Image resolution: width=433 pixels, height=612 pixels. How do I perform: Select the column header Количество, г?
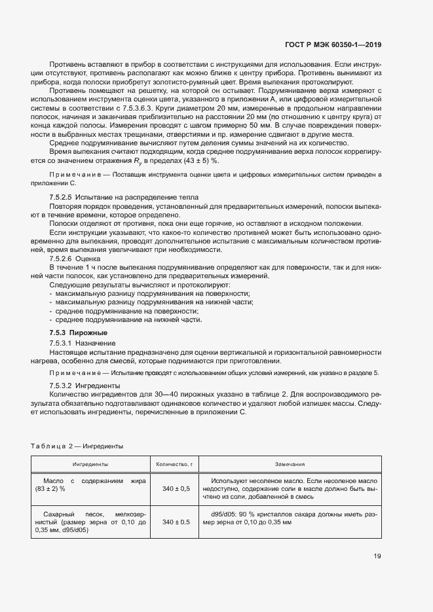[x=176, y=464]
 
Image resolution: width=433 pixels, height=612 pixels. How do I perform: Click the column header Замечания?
[x=289, y=464]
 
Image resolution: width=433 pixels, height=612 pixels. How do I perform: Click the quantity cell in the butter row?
[x=176, y=488]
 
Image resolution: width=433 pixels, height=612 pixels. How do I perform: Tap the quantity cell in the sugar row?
[x=176, y=522]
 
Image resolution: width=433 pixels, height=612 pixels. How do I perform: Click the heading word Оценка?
[x=88, y=259]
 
